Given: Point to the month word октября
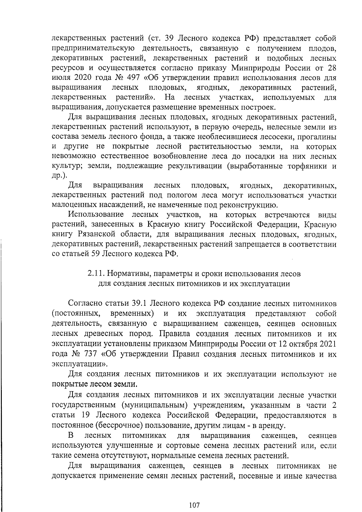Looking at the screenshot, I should [x=305, y=344].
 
